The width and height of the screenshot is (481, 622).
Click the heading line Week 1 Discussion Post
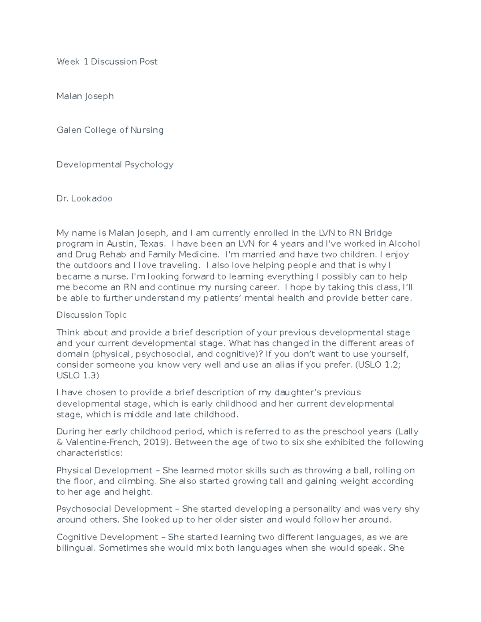(107, 62)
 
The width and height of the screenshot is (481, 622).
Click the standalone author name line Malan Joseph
(85, 96)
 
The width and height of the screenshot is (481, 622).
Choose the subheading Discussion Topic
(91, 315)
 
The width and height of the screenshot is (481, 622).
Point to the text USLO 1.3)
(78, 376)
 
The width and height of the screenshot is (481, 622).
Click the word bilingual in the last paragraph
(75, 548)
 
